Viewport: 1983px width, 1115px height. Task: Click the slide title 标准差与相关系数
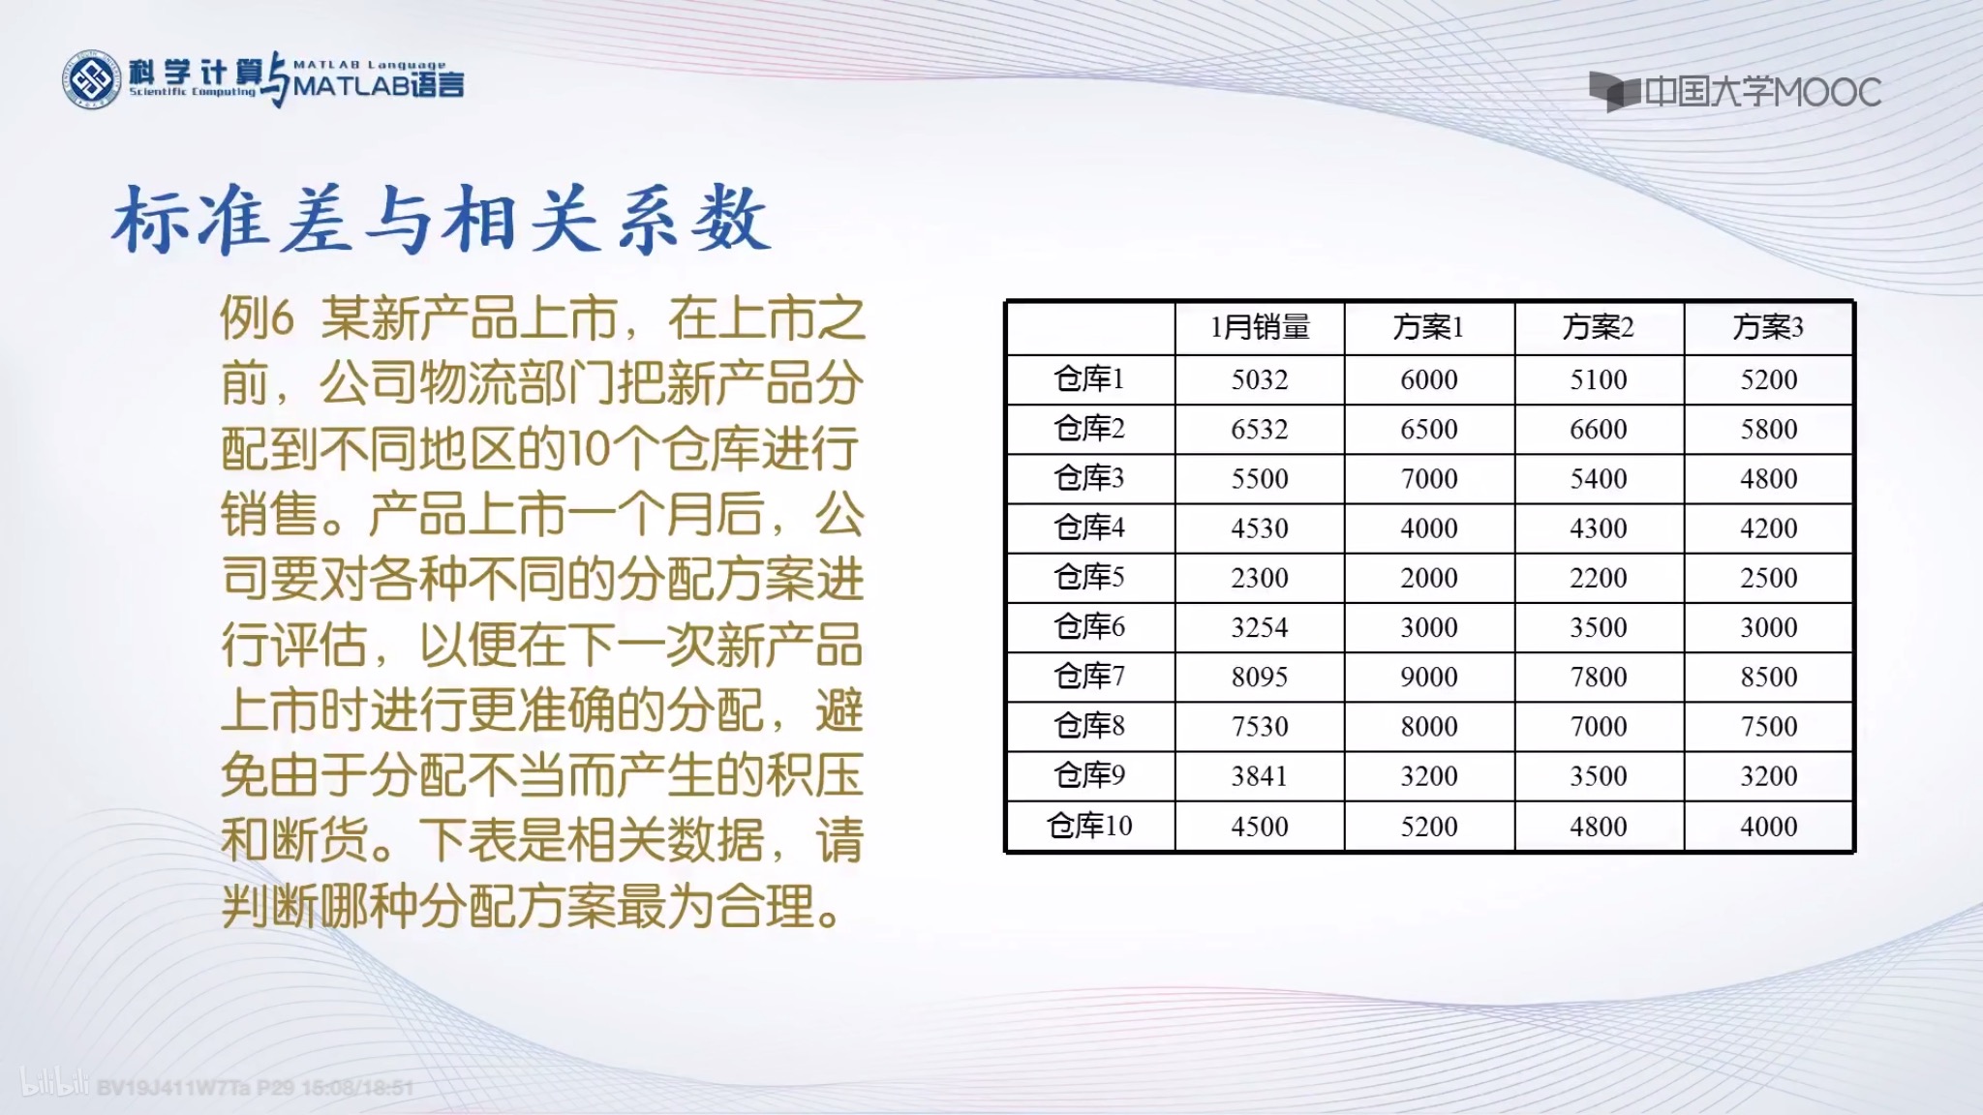[442, 221]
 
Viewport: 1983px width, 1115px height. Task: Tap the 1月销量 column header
[1260, 327]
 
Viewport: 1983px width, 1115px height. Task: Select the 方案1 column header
[1428, 327]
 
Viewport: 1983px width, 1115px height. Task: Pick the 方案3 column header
[1768, 327]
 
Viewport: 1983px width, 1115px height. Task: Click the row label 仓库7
[1089, 676]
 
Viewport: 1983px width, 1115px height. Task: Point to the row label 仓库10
[1089, 826]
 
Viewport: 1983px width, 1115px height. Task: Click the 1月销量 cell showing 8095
[1260, 677]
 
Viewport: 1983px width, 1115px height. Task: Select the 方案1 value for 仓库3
[1428, 478]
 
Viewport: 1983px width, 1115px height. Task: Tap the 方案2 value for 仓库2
[1598, 429]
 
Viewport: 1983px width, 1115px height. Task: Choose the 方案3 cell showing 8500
[1768, 677]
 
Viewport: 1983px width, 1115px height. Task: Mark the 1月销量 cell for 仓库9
[1260, 776]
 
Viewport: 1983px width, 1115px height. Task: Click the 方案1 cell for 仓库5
[1428, 578]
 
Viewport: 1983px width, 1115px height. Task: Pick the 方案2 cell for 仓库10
[1598, 827]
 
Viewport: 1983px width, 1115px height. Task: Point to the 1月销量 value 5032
[1260, 379]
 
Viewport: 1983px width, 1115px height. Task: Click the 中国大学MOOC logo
[1734, 92]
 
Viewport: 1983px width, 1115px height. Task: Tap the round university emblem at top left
[92, 79]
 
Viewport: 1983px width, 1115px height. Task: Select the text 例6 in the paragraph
[257, 317]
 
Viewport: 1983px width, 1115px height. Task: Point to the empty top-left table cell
[1090, 327]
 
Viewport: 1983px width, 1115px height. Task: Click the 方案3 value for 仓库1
[1768, 379]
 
